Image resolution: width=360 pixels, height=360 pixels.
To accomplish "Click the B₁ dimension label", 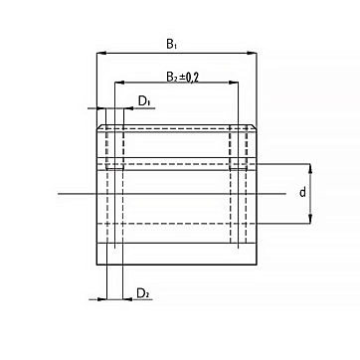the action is click(171, 44).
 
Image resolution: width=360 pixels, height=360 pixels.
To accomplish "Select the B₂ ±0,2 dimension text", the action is click(182, 78).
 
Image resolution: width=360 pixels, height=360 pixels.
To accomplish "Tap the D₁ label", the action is click(144, 101).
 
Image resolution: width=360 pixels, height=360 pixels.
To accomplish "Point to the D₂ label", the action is click(143, 293).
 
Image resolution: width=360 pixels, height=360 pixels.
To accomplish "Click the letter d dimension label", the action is click(302, 192).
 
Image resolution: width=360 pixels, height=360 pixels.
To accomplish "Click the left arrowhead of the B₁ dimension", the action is click(100, 53).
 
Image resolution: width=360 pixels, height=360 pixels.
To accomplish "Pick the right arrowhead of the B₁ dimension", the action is click(253, 53).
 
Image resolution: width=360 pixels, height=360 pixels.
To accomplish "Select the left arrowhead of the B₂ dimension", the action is click(119, 83).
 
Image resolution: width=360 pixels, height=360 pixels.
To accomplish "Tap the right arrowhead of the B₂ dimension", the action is click(234, 83).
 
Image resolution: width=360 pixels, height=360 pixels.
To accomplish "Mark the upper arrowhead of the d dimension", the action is click(310, 168).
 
